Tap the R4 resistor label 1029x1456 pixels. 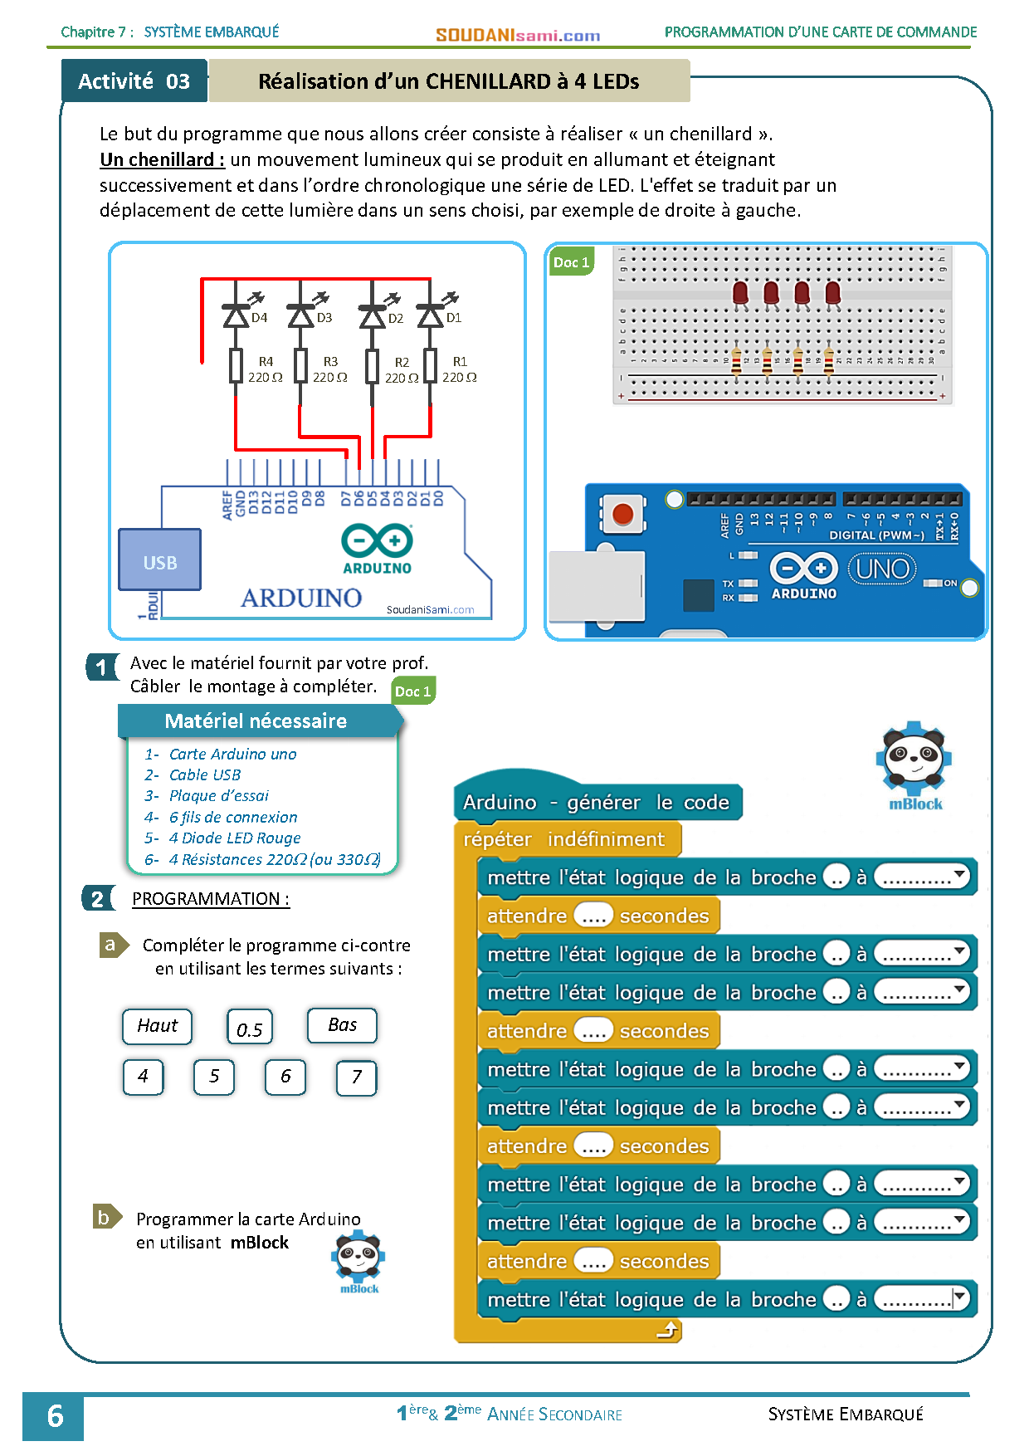pyautogui.click(x=266, y=362)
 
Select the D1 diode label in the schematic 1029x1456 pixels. pyautogui.click(x=454, y=318)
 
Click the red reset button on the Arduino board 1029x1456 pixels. pyautogui.click(x=622, y=514)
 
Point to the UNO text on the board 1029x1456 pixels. pyautogui.click(x=882, y=569)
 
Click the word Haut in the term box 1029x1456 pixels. pyautogui.click(x=158, y=1026)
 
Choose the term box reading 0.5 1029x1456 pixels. pyautogui.click(x=250, y=1028)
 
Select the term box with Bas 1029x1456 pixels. pyautogui.click(x=342, y=1025)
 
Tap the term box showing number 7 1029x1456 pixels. pyautogui.click(x=357, y=1077)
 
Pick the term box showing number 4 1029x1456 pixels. pyautogui.click(x=144, y=1077)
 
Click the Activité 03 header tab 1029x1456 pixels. pyautogui.click(x=134, y=81)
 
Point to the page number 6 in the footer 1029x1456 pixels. pyautogui.click(x=55, y=1416)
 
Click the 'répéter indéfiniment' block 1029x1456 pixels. pyautogui.click(x=564, y=839)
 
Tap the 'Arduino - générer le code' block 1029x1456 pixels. pyautogui.click(x=596, y=802)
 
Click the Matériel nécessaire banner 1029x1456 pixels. pyautogui.click(x=256, y=721)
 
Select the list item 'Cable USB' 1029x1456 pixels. pyautogui.click(x=205, y=775)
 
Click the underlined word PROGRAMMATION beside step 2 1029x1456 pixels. pyautogui.click(x=207, y=899)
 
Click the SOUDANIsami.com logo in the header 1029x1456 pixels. pyautogui.click(x=518, y=35)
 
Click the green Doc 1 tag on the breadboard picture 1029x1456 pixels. pyautogui.click(x=571, y=262)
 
